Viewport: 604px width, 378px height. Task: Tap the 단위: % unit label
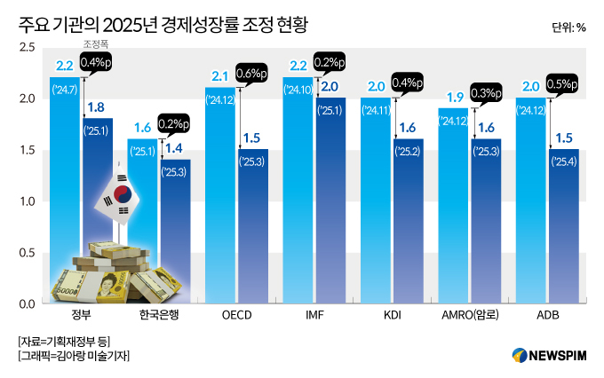(568, 27)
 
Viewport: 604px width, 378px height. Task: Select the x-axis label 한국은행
(160, 316)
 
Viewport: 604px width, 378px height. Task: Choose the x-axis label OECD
(237, 316)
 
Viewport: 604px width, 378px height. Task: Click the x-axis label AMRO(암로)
(470, 316)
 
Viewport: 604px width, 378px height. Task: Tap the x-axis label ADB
(547, 316)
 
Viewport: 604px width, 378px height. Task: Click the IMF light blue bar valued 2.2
(298, 195)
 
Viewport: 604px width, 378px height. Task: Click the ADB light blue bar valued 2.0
(531, 204)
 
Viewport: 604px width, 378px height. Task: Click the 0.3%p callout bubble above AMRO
(485, 92)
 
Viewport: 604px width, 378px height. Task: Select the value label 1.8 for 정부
(96, 107)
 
